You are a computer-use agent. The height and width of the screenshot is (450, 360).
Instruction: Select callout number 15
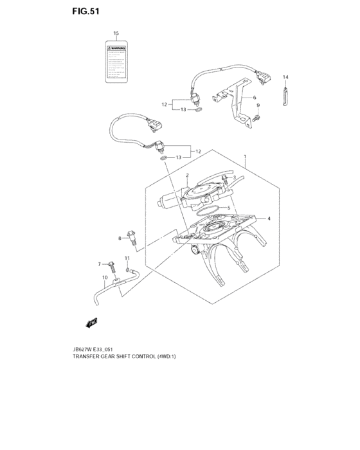pos(116,33)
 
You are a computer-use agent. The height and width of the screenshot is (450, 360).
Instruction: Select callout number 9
pos(257,105)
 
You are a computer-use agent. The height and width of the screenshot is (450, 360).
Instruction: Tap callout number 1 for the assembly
pos(244,157)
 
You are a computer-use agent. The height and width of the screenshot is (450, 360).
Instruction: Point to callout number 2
pos(187,175)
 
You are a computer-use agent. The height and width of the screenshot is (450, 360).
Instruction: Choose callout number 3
pos(235,177)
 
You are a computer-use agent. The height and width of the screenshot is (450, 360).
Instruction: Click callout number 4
pos(269,219)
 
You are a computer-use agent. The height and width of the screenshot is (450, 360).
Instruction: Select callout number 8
pos(119,239)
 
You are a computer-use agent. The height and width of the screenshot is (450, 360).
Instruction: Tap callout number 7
pos(100,264)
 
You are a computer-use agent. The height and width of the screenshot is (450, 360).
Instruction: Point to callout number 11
pos(127,258)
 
